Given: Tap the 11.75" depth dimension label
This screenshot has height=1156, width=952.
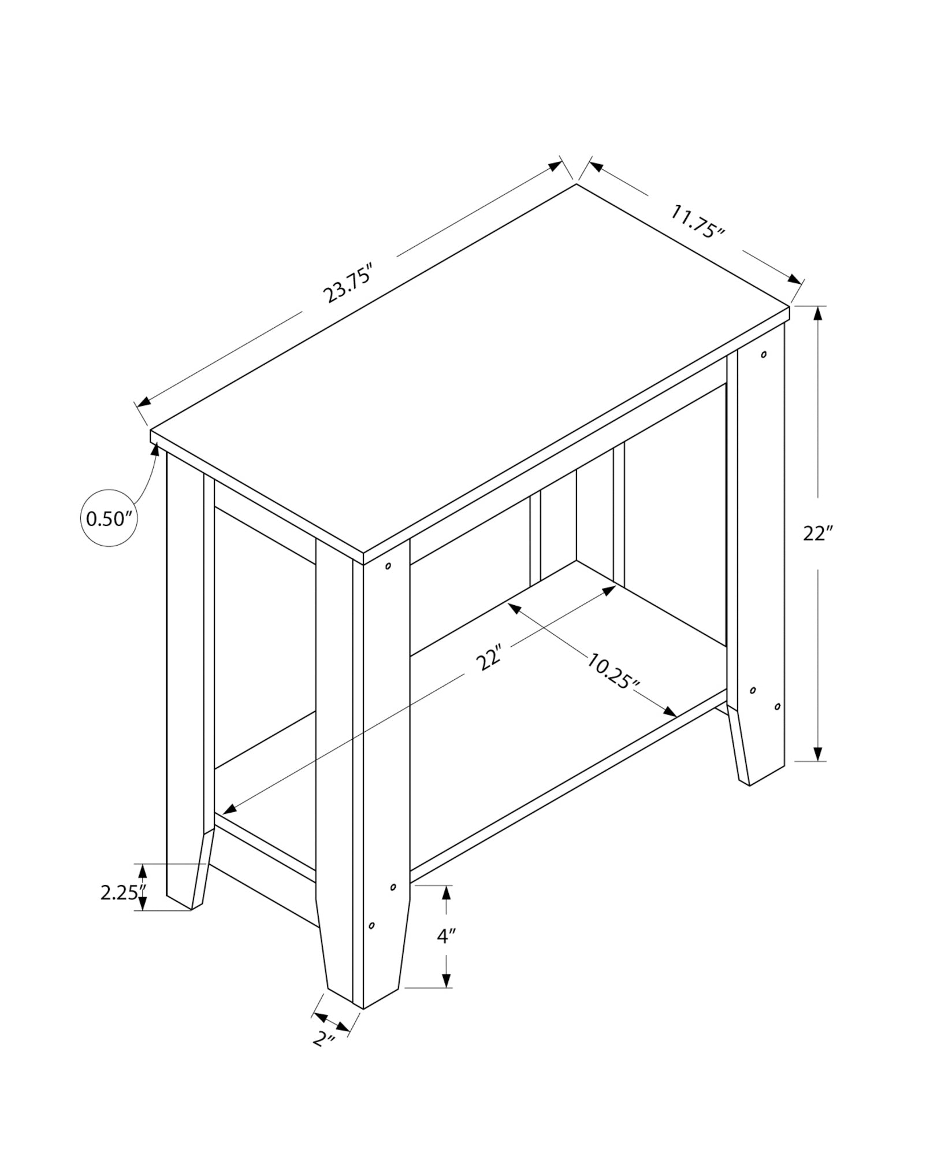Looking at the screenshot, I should tap(697, 221).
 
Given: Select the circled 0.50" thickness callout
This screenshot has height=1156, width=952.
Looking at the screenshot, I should tap(109, 518).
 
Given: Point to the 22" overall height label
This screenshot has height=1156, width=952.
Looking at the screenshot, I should tap(817, 533).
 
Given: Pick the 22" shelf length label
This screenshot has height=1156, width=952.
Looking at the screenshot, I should tap(489, 658).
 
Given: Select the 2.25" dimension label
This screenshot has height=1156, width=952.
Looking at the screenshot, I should tap(120, 892).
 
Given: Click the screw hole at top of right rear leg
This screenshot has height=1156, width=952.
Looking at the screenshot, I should tap(764, 354).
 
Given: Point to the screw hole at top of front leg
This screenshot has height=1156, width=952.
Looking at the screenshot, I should tap(388, 566).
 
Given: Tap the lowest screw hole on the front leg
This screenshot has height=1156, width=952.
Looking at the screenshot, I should tap(371, 942).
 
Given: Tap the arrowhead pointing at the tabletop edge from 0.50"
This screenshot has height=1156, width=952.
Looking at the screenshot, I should tap(155, 451).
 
